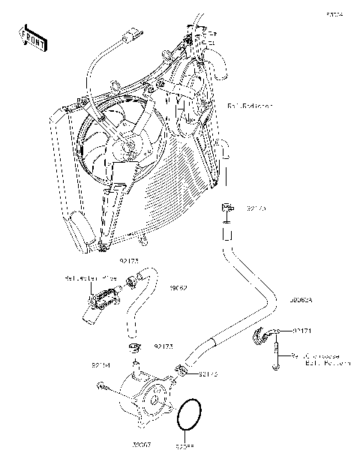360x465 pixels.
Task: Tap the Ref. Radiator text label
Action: coord(250,106)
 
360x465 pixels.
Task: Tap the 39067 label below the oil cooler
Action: coord(141,445)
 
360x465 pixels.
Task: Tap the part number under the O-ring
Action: coord(184,447)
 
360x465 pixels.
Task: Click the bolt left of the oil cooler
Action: coord(103,386)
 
